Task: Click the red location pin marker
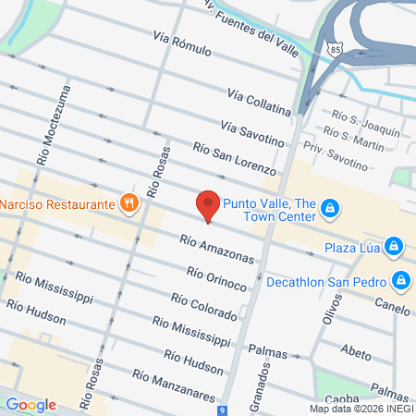click(208, 205)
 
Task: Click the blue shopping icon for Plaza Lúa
click(394, 246)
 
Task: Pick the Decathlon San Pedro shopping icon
click(400, 279)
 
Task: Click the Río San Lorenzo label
click(234, 158)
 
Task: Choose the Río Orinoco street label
click(216, 278)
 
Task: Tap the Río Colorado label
click(203, 307)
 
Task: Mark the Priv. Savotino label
click(335, 161)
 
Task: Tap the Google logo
click(30, 404)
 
